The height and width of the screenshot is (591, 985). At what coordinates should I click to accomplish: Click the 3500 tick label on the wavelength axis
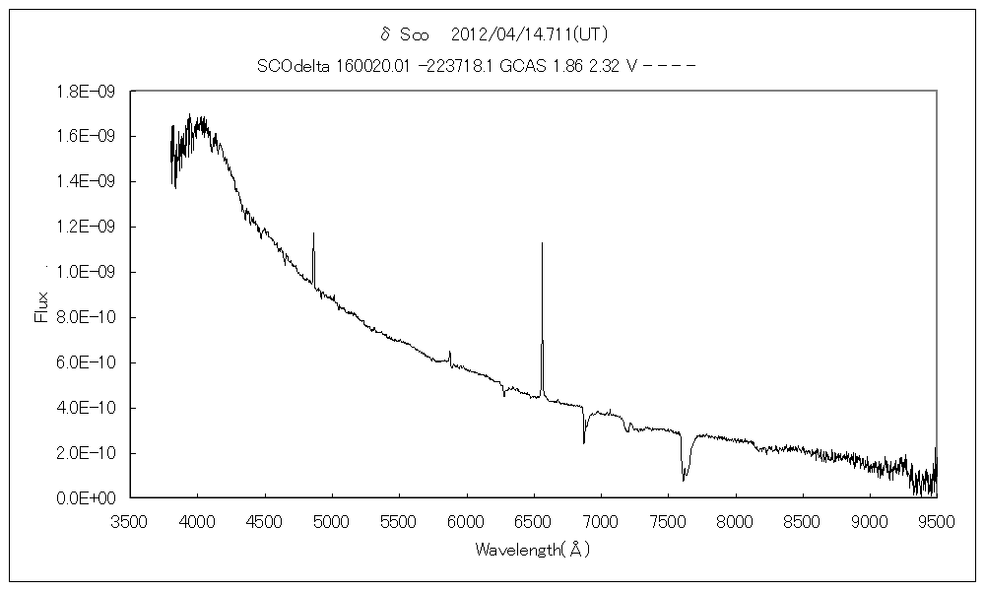pos(130,520)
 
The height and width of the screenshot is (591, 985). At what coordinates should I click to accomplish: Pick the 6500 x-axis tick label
pos(533,520)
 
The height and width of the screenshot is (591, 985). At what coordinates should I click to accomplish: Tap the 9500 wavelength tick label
pos(936,520)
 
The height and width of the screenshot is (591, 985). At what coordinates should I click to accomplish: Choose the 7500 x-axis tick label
pos(668,520)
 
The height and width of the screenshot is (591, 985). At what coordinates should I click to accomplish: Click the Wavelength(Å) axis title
pos(533,549)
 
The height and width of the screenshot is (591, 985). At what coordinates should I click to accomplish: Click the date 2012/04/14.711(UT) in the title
pos(536,33)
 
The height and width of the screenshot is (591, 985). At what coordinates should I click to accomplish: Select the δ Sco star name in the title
pos(404,33)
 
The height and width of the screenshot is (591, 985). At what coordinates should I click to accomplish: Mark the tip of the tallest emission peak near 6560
pos(542,242)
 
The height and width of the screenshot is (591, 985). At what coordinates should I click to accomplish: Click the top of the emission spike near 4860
pos(313,233)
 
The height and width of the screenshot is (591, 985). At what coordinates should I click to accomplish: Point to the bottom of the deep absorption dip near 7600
pos(684,480)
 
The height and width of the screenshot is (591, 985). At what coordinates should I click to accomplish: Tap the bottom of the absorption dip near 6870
pos(583,442)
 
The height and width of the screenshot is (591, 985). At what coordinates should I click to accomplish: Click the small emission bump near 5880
pos(450,352)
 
